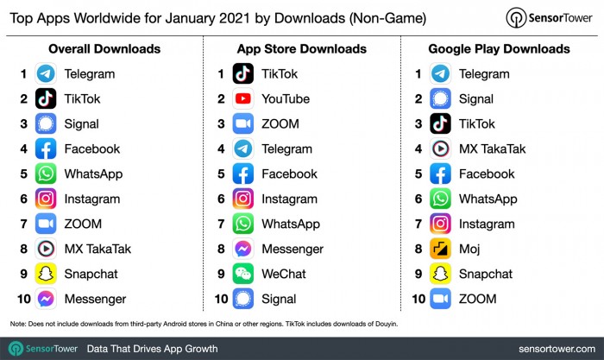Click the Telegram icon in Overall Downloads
46,73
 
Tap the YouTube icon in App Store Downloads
243,98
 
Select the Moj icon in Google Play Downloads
440,249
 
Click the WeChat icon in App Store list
243,275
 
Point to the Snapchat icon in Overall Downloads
46,275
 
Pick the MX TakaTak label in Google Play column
492,148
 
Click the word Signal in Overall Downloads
81,123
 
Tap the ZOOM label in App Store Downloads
280,123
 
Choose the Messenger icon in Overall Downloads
46,300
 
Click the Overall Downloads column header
104,48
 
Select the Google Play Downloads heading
499,48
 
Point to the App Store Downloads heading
301,48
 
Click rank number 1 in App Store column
222,73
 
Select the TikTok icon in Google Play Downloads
440,123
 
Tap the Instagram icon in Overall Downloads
46,199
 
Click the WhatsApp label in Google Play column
488,199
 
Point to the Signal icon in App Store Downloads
243,300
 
